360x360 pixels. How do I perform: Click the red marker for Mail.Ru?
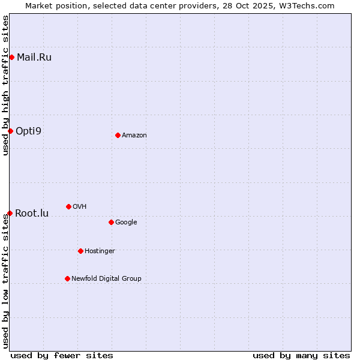[x=11, y=57]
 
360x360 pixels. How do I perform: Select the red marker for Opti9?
[x=10, y=131]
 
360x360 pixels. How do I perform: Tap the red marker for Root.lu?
[x=10, y=213]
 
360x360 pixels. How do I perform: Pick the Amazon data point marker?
[x=118, y=135]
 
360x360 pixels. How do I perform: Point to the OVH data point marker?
[x=68, y=206]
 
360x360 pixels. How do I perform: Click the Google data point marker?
[x=111, y=222]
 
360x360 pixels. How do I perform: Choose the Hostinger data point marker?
[x=80, y=251]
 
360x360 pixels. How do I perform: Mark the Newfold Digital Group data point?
[x=67, y=278]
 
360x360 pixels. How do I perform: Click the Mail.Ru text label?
[x=34, y=58]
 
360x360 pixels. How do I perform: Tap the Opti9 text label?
[x=29, y=131]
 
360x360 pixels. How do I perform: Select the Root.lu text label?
[x=32, y=213]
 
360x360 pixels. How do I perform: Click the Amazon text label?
[x=134, y=135]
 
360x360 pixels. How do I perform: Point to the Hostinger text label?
[x=100, y=251]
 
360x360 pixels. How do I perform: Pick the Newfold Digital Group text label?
[x=106, y=278]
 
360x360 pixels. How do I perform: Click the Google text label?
[x=126, y=222]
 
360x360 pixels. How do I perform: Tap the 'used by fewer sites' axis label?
[x=62, y=355]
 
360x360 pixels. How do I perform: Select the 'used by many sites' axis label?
[x=301, y=355]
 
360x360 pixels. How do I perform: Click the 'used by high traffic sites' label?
[x=5, y=86]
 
